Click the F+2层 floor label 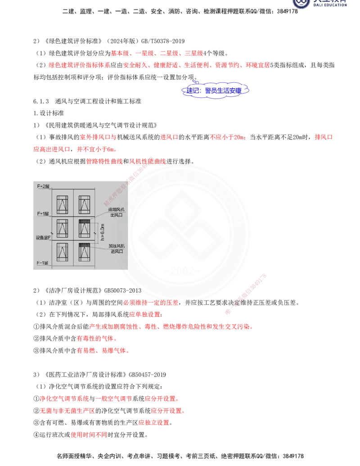click(43, 185)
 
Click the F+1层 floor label click(43, 213)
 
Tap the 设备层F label click(44, 237)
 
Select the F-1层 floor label click(43, 262)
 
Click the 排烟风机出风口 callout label click(116, 213)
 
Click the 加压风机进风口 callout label click(117, 249)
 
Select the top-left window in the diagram click(62, 204)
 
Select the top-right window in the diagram click(85, 204)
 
